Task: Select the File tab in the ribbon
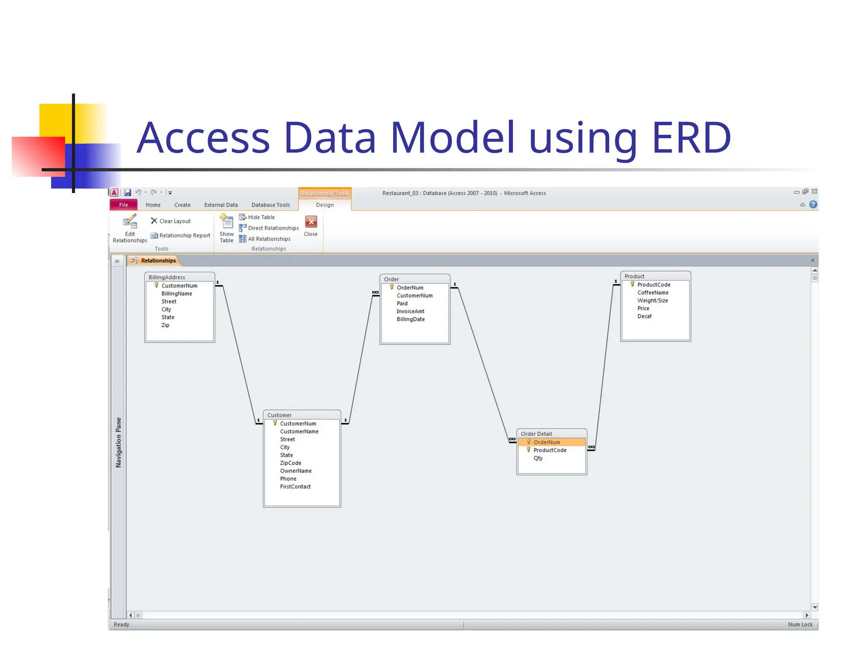pyautogui.click(x=123, y=205)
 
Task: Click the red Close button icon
pyautogui.click(x=311, y=222)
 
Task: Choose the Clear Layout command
pyautogui.click(x=171, y=221)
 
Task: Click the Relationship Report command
pyautogui.click(x=181, y=235)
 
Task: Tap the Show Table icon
pyautogui.click(x=227, y=222)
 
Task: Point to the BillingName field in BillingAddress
pyautogui.click(x=176, y=294)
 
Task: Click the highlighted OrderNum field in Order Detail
pyautogui.click(x=547, y=442)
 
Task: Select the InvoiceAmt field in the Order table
pyautogui.click(x=410, y=311)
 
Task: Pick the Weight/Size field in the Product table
pyautogui.click(x=652, y=300)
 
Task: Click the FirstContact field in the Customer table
pyautogui.click(x=295, y=486)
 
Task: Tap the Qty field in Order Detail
pyautogui.click(x=538, y=458)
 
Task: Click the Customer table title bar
pyautogui.click(x=302, y=415)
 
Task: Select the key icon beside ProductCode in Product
pyautogui.click(x=632, y=284)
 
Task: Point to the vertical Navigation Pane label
pyautogui.click(x=119, y=442)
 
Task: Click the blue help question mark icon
pyautogui.click(x=813, y=205)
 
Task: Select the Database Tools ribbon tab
pyautogui.click(x=270, y=205)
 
